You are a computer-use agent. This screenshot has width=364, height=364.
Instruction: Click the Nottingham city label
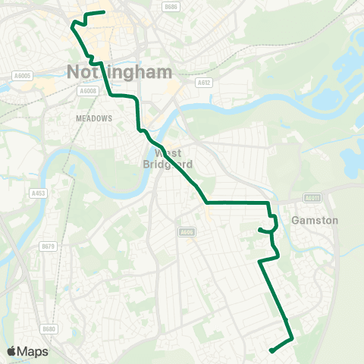[120, 72]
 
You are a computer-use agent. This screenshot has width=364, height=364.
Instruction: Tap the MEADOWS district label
[94, 118]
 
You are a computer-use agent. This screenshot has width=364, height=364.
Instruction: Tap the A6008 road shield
[89, 90]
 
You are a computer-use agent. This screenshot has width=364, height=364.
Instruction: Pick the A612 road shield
[202, 82]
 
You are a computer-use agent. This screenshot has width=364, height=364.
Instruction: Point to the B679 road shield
[49, 246]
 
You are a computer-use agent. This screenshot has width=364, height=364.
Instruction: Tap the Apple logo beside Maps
[11, 351]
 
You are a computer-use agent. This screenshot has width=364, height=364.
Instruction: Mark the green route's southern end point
[271, 350]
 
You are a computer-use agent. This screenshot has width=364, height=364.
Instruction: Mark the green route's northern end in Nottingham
[102, 12]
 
